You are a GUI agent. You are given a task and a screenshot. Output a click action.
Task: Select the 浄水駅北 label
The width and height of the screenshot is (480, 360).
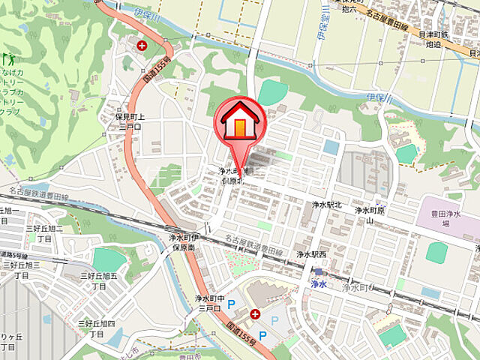pos(327,204)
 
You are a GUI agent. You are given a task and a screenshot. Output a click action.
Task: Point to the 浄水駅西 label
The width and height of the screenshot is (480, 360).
pos(310,255)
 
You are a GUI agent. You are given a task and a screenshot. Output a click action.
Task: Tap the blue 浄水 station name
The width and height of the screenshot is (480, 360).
pos(319,284)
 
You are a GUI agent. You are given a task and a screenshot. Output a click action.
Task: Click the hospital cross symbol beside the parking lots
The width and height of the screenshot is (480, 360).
pos(256,313)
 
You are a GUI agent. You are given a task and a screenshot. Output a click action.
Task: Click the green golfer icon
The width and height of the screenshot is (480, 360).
pos(10,58)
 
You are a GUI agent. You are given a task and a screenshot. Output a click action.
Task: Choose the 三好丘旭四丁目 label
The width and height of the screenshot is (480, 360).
pos(100,328)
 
